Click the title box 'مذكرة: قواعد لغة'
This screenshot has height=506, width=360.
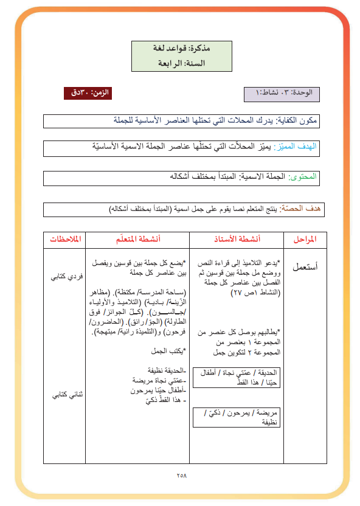click(x=180, y=47)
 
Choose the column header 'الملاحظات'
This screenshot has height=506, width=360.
click(x=64, y=239)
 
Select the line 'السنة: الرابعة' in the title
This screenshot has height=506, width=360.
click(x=181, y=63)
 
